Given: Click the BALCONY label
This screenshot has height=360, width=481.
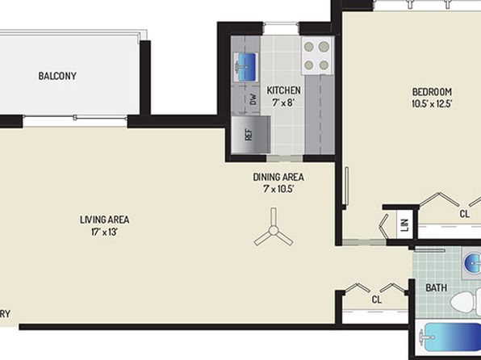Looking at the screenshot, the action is coord(57,76).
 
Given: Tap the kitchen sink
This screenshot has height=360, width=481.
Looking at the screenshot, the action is coord(245,67).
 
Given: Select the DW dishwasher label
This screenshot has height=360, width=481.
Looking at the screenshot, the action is coord(253,99).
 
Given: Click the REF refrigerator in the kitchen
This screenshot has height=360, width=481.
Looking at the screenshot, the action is coord(251,135).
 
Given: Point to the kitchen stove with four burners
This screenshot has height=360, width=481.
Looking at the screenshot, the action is coord(317,56).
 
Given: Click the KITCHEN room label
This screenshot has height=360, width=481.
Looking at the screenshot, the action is coord(283,90).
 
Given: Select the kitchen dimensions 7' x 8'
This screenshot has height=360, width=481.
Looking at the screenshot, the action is coord(283,103).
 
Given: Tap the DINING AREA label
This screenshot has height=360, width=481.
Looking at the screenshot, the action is coord(278,177).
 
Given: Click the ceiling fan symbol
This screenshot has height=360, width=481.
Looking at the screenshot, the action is coord(274,229).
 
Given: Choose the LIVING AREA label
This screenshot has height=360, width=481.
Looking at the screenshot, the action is coord(105,220).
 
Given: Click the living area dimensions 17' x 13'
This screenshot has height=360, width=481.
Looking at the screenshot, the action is coord(104,232).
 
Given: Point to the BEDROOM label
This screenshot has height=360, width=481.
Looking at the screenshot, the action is coord(432,92).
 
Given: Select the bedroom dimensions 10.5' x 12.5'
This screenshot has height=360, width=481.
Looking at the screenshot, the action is coord(432,104).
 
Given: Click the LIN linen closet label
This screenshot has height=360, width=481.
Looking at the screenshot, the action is coord(405,225).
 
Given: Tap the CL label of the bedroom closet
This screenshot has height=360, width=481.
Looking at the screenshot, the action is coord(465,214).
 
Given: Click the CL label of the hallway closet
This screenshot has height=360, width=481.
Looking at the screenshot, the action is coord(377,299).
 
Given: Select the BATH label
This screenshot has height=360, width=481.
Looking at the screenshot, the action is coord(436,288).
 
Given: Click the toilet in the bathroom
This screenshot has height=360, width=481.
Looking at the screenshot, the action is coord(466,302).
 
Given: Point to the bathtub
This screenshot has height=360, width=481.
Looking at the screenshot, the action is coord(450,337).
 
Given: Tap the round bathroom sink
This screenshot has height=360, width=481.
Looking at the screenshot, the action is coord(473,262).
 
